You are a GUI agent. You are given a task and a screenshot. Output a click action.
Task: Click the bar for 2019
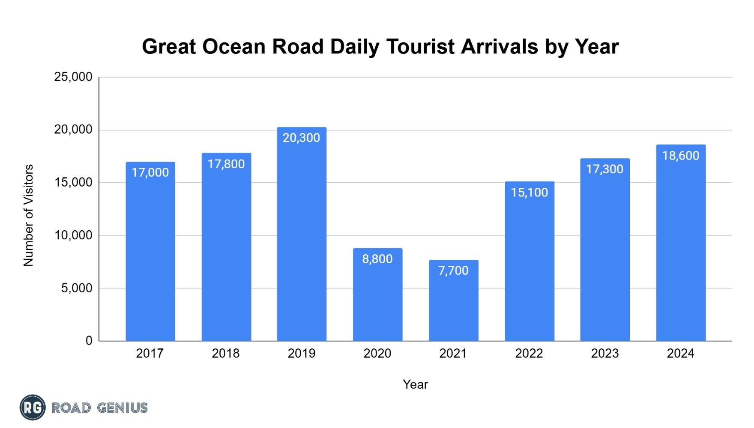coord(302,234)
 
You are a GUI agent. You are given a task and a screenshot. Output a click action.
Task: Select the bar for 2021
coord(454,300)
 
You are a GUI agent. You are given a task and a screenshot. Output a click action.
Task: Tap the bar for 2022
coord(530,262)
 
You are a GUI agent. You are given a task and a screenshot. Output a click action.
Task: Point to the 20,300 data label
coord(301,138)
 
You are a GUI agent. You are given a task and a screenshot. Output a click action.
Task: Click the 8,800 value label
coord(377,259)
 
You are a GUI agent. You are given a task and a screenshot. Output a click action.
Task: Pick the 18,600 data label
coord(681,156)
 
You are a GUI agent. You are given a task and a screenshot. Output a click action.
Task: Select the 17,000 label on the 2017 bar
coord(150,172)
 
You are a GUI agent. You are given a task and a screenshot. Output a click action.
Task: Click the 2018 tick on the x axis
coord(226,354)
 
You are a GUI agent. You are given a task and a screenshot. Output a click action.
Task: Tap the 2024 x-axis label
coord(681,354)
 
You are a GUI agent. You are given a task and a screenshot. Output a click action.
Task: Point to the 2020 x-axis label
coord(377,354)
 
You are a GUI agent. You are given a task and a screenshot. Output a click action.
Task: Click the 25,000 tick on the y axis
coord(73,77)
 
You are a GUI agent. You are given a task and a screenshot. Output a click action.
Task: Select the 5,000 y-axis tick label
coord(77,288)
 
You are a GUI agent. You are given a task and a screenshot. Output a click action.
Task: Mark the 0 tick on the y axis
coord(89,341)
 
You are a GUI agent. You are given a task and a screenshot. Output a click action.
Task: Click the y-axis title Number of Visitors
coord(28,215)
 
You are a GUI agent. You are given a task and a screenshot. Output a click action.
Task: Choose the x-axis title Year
coord(416,384)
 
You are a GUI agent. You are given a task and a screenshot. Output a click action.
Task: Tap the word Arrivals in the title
coord(500,46)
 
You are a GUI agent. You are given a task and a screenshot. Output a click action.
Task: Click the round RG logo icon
coord(33,407)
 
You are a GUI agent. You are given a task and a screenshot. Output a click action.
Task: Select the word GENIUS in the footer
coord(123,408)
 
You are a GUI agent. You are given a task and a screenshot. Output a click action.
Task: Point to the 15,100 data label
coord(530,193)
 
